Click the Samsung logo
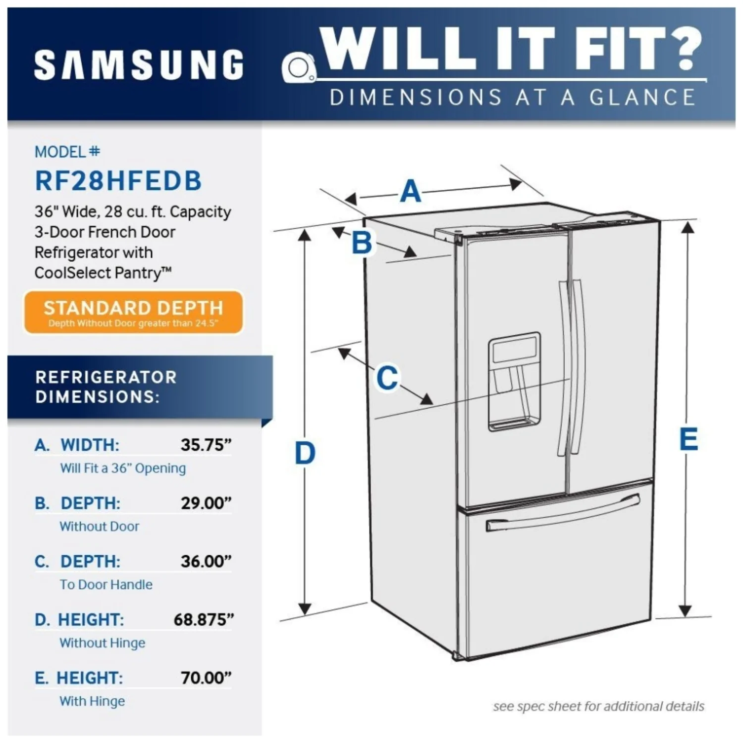tap(139, 65)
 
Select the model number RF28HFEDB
tap(118, 180)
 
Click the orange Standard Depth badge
tap(133, 313)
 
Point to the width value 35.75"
tap(206, 445)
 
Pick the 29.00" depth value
tap(206, 503)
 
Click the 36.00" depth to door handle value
tap(206, 561)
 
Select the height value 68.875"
tap(204, 620)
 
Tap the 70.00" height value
tap(206, 678)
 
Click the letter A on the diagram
tap(411, 192)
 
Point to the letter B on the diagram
tap(362, 243)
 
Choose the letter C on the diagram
tap(387, 378)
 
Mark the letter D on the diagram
tap(305, 453)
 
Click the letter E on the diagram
tap(689, 439)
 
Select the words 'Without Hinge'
tap(103, 643)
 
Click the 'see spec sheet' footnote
tap(598, 706)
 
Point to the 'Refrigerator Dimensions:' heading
tap(106, 387)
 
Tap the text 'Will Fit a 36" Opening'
tap(123, 469)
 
